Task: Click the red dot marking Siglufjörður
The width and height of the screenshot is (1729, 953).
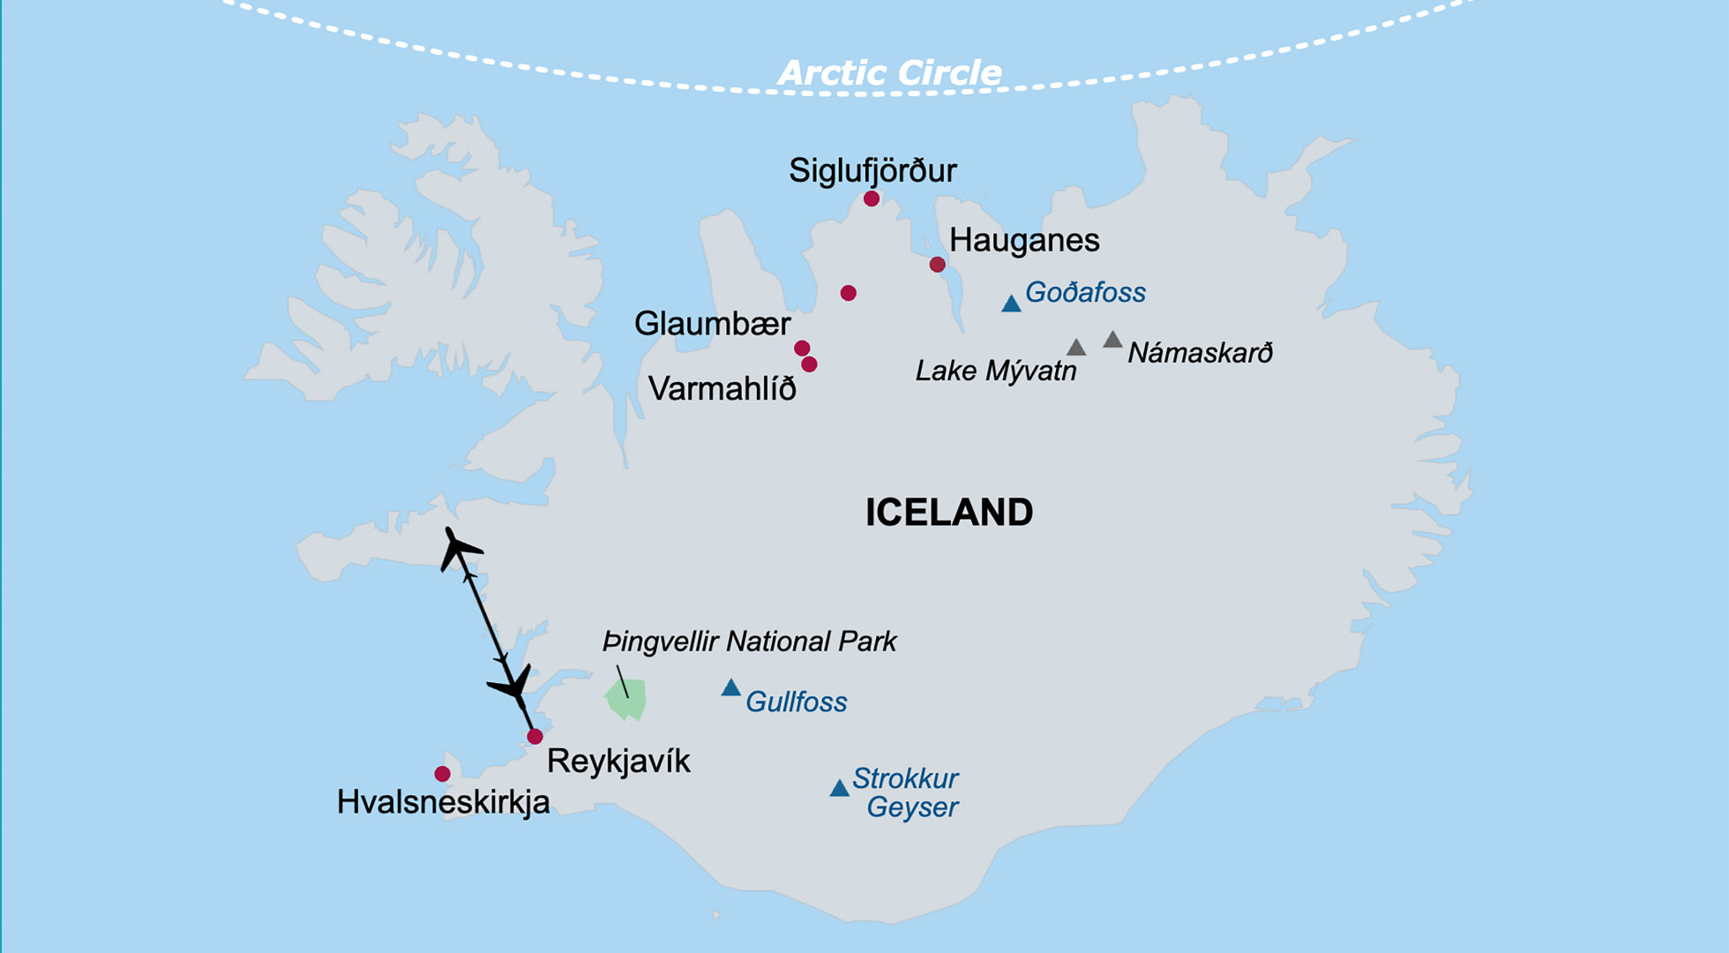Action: [872, 199]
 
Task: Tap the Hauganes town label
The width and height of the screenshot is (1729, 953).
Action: [1024, 240]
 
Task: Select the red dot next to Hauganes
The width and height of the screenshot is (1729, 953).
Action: [937, 265]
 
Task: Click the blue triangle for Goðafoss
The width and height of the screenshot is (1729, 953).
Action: [1011, 304]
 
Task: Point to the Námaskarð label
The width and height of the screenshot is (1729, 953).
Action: [1200, 353]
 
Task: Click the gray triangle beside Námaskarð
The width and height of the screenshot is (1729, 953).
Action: [1112, 340]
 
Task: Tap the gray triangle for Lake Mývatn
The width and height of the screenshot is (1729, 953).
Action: [1075, 348]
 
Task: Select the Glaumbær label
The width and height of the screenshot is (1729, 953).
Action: [712, 324]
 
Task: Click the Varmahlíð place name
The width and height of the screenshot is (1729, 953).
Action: [722, 388]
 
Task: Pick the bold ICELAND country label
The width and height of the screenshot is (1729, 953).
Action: [948, 513]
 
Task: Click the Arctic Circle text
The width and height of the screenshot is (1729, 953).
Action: [888, 73]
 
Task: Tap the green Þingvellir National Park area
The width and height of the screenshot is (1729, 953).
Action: [626, 700]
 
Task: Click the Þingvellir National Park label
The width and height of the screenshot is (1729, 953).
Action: [749, 642]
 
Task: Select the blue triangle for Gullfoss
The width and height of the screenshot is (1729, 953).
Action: [730, 688]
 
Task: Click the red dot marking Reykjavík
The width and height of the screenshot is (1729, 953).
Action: [535, 737]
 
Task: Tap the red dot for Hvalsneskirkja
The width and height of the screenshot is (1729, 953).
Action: [442, 774]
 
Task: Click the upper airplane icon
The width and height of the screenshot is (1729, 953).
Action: [458, 548]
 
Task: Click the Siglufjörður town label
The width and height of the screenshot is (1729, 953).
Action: [872, 170]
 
